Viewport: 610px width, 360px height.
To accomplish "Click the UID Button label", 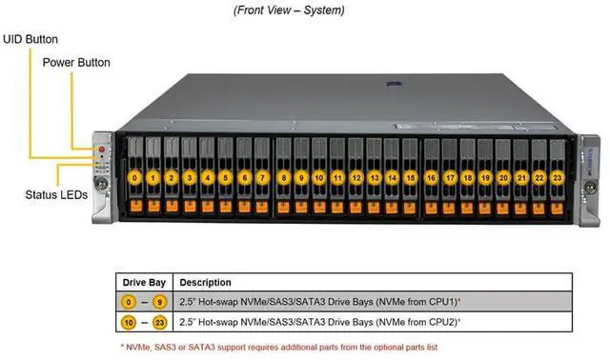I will click(x=30, y=39).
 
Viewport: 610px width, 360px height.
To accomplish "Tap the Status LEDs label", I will click(x=56, y=193).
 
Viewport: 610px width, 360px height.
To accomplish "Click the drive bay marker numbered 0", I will click(x=136, y=177).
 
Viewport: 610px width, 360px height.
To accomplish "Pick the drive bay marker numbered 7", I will click(x=261, y=177).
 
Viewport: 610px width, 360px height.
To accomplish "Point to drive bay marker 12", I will click(x=356, y=177).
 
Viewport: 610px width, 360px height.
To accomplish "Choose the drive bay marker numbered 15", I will click(x=410, y=177).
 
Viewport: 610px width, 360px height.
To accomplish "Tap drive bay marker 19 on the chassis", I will click(x=485, y=177).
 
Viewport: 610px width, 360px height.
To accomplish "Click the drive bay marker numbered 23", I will click(x=557, y=177).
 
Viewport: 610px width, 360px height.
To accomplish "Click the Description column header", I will click(x=205, y=283).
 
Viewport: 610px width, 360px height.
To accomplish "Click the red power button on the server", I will click(x=102, y=150).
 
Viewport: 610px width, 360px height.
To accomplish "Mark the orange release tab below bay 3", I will click(x=190, y=206).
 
